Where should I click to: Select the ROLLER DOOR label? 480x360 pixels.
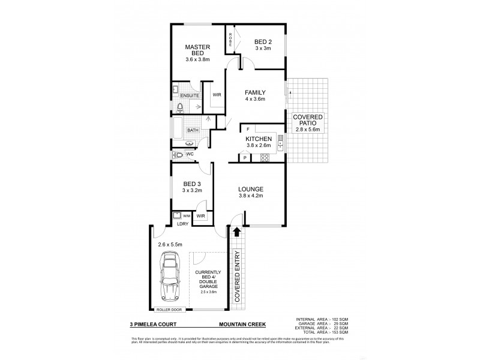(x=169, y=310)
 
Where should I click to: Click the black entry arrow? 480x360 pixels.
(x=236, y=231)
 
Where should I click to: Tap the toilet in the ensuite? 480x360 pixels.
(x=180, y=107)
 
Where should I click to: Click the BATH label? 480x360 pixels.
(x=192, y=130)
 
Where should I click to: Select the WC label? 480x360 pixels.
(x=189, y=154)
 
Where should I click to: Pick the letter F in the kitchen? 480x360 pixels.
(x=247, y=128)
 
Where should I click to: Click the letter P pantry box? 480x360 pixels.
(x=245, y=158)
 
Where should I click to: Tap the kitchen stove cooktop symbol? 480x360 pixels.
(x=263, y=158)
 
